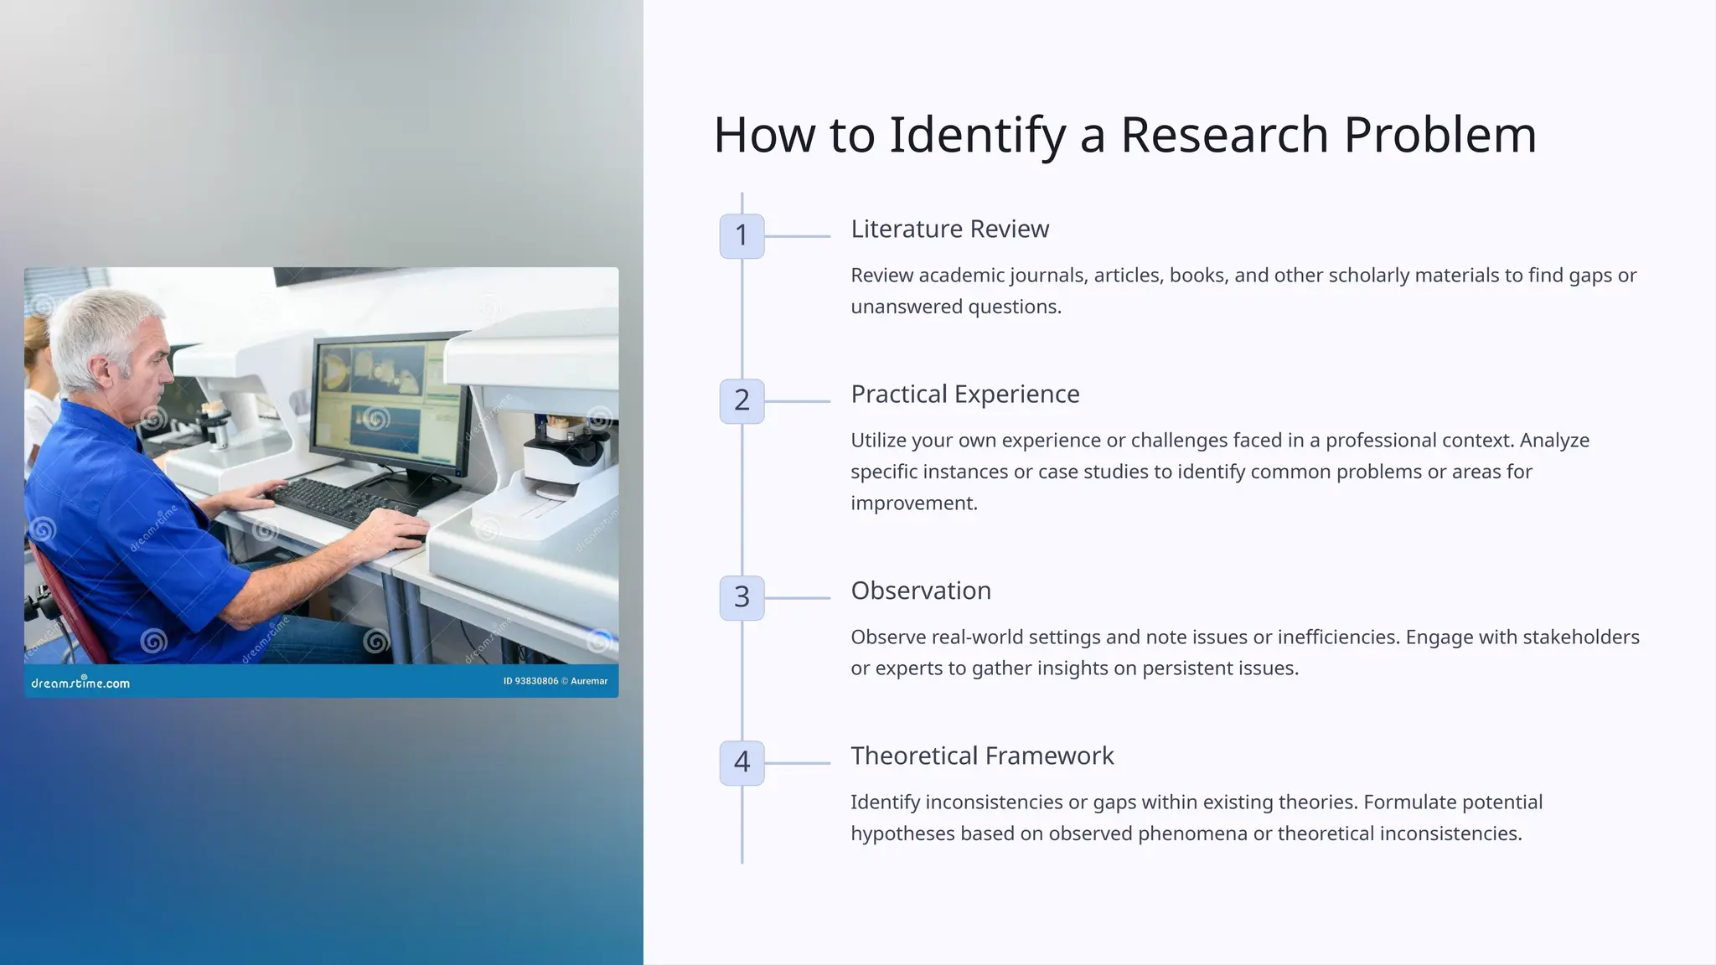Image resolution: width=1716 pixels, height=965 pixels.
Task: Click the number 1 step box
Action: click(x=742, y=235)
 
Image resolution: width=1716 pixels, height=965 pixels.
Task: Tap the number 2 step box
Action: click(x=742, y=400)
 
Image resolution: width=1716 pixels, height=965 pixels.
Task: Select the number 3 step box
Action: click(x=742, y=597)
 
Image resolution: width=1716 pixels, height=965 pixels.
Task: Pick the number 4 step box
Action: click(x=742, y=762)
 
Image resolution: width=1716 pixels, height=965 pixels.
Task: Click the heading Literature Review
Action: click(x=949, y=229)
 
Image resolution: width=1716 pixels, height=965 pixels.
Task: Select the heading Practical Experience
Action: click(x=964, y=394)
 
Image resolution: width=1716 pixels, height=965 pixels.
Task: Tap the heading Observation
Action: click(x=920, y=591)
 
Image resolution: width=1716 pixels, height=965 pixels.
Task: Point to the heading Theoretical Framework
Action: click(x=981, y=756)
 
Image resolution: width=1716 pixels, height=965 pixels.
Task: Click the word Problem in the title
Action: click(x=1439, y=134)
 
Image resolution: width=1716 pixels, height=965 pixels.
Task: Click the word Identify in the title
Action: click(x=976, y=134)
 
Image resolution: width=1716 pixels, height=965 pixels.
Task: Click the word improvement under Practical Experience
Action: click(x=913, y=503)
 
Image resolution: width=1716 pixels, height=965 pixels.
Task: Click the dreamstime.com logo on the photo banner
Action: click(x=80, y=683)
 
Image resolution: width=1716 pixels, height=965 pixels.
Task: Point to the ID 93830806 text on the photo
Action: click(x=530, y=681)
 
